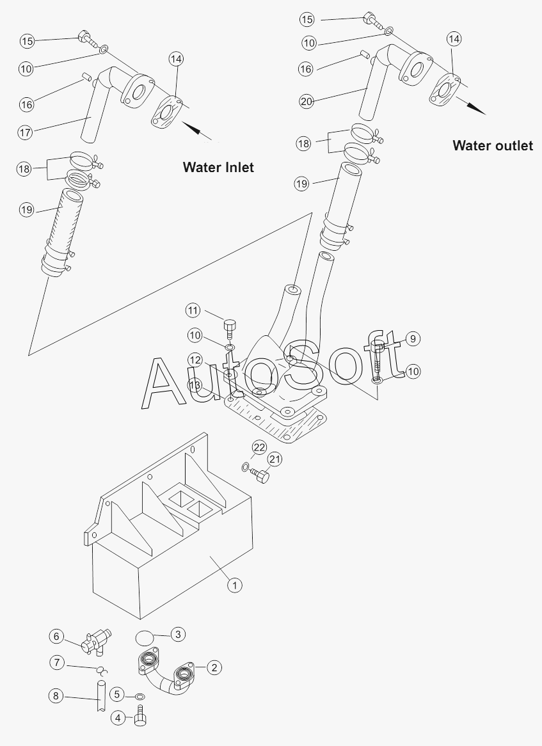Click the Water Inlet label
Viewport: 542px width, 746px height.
(218, 168)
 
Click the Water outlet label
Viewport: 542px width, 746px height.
(492, 146)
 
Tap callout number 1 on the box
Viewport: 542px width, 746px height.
(235, 585)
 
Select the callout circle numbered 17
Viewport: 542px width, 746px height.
(26, 132)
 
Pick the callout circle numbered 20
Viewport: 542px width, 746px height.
(307, 100)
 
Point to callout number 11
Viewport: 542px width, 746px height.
(194, 311)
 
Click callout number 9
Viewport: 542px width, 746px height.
(413, 338)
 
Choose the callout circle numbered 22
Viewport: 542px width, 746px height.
(259, 447)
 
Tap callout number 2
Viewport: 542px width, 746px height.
(215, 667)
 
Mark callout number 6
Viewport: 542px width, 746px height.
(57, 636)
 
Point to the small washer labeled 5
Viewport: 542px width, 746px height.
(139, 695)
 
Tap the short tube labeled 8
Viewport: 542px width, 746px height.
(100, 697)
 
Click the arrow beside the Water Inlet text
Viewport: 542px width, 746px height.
(200, 131)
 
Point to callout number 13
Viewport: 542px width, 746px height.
(195, 385)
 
